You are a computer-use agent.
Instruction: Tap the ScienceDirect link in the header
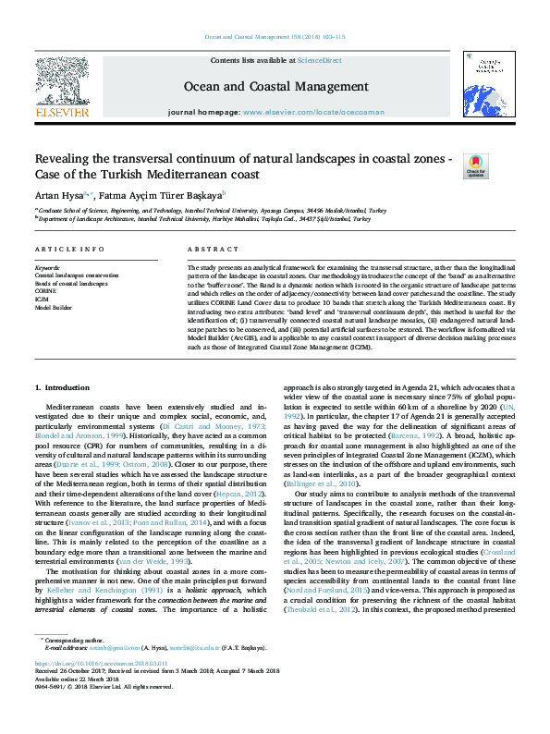(319, 59)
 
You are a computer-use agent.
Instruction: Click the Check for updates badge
(475, 165)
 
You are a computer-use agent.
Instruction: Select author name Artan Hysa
(58, 195)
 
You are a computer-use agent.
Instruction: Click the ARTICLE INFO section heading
(69, 251)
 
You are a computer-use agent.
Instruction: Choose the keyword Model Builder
(54, 305)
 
